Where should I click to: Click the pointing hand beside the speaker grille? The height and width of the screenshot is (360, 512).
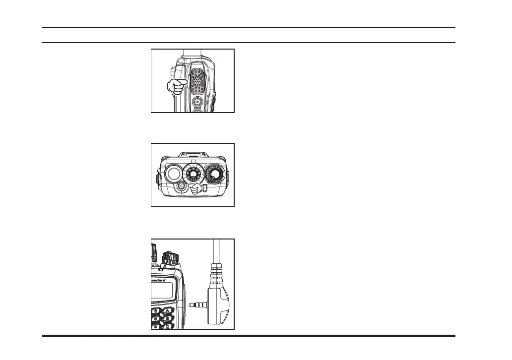[x=176, y=86]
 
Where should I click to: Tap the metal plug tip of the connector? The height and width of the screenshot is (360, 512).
[x=196, y=305]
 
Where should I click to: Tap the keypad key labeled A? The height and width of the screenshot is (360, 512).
[x=168, y=310]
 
